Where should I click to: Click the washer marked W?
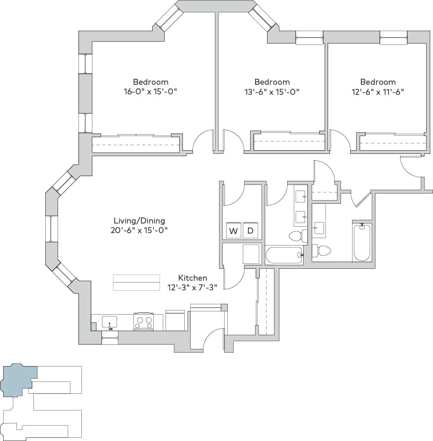tap(233, 231)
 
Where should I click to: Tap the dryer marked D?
tap(250, 231)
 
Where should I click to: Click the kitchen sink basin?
tap(109, 321)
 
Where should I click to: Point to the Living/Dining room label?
tap(139, 221)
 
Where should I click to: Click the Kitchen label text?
tap(192, 278)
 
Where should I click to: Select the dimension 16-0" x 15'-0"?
tap(147, 91)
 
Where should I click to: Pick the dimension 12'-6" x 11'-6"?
tap(377, 91)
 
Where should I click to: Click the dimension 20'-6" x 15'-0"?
tap(139, 230)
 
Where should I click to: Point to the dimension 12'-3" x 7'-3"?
tap(192, 287)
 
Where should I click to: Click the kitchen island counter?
tap(136, 282)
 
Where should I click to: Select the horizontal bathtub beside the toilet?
tap(284, 255)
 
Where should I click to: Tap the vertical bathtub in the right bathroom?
tap(362, 241)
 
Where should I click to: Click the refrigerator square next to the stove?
tap(175, 321)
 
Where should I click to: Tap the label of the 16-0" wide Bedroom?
tap(150, 82)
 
